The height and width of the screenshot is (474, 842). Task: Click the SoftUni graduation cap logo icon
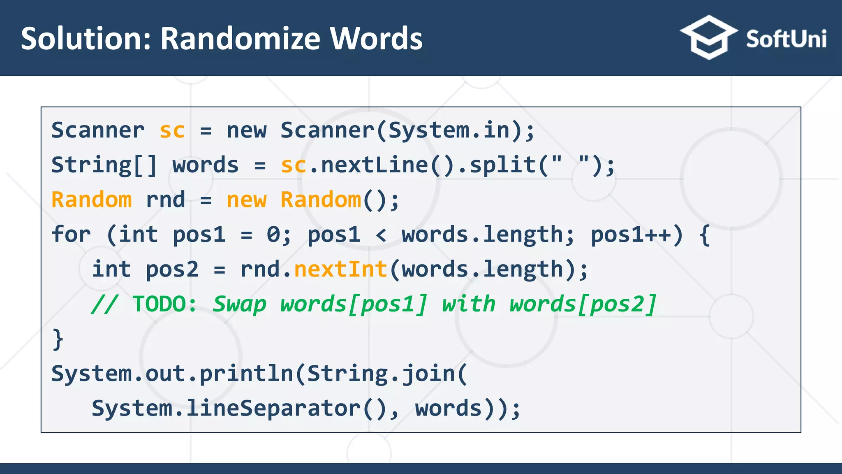[x=708, y=37]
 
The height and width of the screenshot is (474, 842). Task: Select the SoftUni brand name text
[x=786, y=39]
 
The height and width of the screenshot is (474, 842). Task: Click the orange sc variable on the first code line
[x=172, y=131]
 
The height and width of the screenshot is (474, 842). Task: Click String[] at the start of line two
[x=104, y=165]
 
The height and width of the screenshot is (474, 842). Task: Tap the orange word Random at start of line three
[x=91, y=200]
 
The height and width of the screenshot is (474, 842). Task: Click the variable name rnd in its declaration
[x=166, y=200]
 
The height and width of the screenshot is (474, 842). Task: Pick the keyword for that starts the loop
[x=71, y=235]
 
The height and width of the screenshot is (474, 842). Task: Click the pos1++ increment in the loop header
[x=631, y=235]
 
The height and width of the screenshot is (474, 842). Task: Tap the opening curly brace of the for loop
[x=705, y=235]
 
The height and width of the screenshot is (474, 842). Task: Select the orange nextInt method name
[x=341, y=270]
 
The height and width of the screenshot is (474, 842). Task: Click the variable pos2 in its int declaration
[x=172, y=270]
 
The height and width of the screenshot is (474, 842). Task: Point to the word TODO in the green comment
[x=159, y=304]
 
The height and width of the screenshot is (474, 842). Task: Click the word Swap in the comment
[x=240, y=304]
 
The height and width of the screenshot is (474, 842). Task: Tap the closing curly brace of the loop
[x=58, y=339]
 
